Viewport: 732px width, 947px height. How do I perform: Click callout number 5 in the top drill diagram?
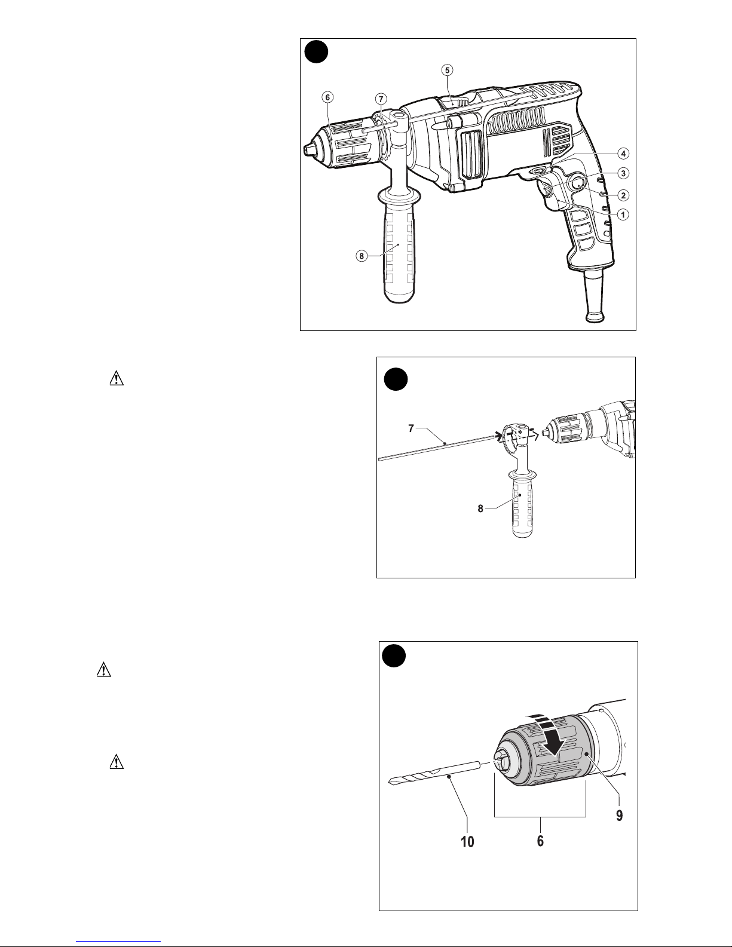446,70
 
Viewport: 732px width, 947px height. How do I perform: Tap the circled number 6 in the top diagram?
327,97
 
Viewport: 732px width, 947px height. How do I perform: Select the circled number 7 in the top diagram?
381,99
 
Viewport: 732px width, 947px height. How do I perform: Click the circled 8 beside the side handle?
361,256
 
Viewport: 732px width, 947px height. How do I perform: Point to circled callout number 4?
623,154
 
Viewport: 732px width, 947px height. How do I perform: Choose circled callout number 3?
623,173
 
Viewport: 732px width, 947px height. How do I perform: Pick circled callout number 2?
623,195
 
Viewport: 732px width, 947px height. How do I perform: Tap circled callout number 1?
623,214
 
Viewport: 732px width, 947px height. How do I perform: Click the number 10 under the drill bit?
467,841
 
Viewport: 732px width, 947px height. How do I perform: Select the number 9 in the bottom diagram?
619,816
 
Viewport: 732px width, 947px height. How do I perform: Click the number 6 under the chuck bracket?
540,841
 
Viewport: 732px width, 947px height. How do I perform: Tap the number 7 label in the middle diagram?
411,429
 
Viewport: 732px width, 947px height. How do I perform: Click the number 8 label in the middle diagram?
480,508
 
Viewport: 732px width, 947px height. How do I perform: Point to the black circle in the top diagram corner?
316,52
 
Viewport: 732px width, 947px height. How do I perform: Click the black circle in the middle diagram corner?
396,379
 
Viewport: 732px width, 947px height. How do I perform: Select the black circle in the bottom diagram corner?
394,656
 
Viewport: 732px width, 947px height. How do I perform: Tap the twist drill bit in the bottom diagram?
434,773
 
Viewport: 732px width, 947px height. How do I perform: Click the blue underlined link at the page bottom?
118,942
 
